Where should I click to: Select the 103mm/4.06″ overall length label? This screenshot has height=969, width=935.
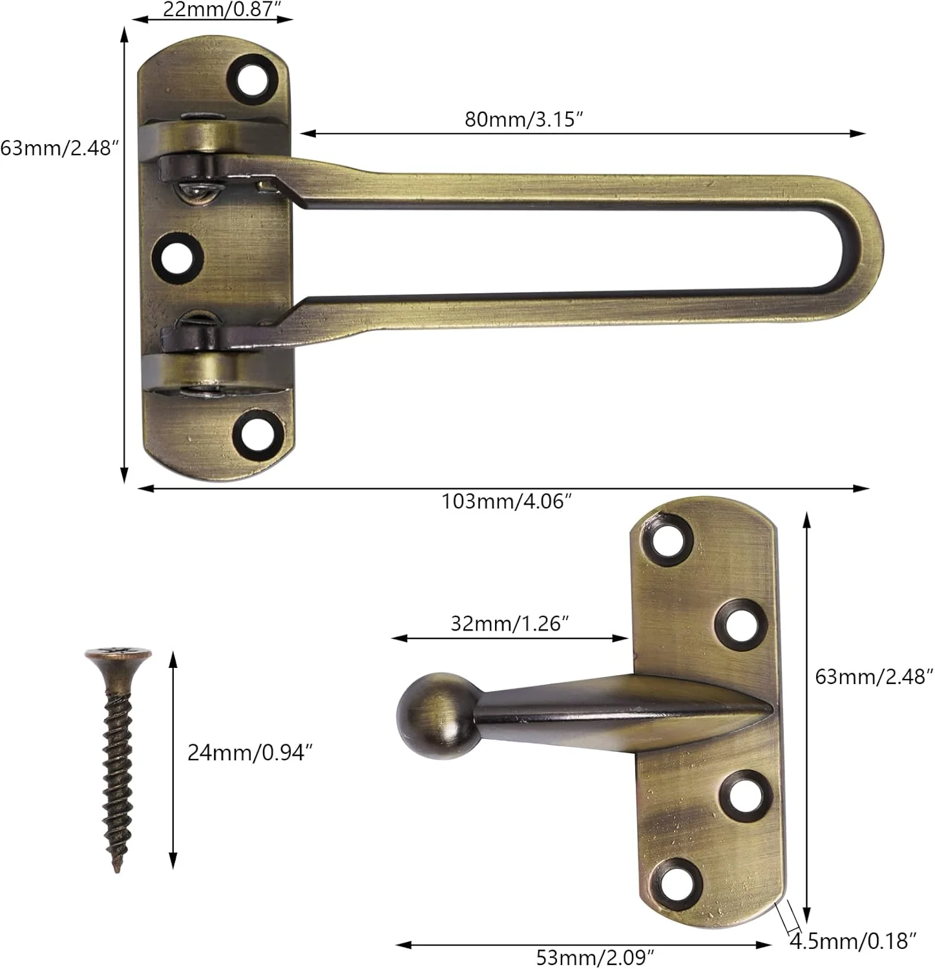(x=507, y=501)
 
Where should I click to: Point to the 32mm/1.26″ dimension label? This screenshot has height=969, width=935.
(x=510, y=623)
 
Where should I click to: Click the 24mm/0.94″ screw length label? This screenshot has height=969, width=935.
(x=250, y=753)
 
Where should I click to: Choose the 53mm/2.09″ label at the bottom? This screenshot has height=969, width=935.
(x=596, y=956)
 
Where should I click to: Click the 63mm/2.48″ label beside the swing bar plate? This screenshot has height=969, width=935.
(x=59, y=148)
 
